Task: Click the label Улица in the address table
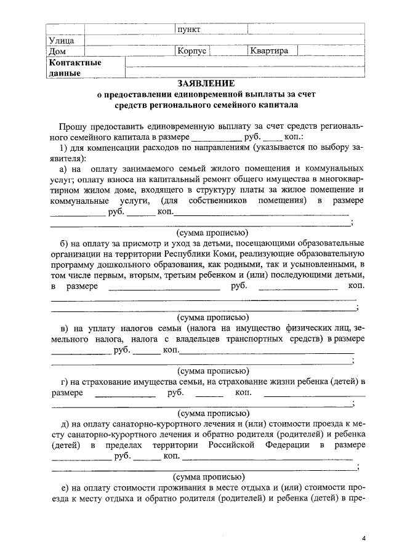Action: coord(61,41)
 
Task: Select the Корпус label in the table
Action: coord(191,51)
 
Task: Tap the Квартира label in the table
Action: coord(269,51)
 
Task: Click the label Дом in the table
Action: coord(57,52)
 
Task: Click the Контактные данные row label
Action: coord(74,68)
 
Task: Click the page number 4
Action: coord(364,539)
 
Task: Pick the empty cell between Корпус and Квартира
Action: coord(228,51)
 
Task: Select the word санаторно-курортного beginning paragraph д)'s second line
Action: coord(90,433)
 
